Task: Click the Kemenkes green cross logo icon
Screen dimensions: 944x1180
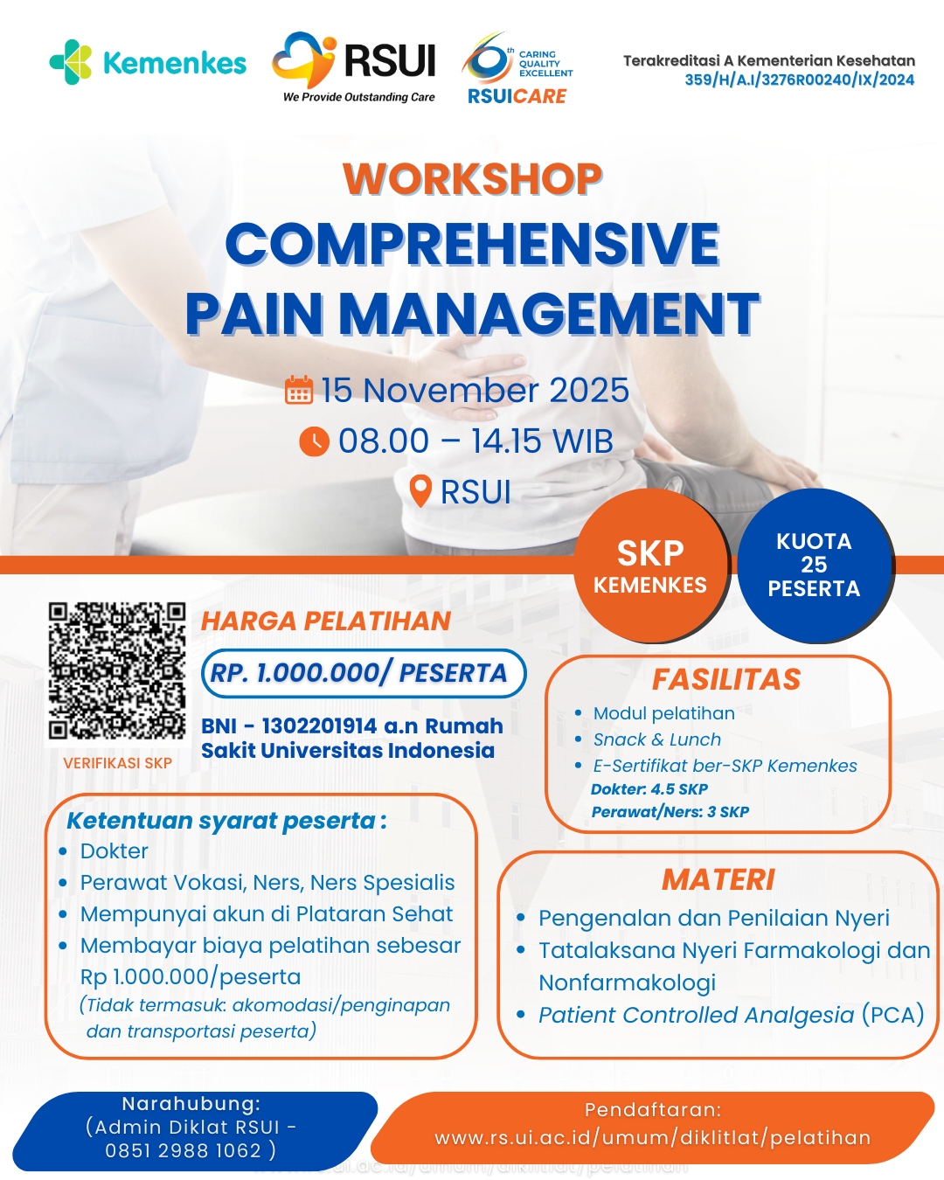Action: click(x=71, y=62)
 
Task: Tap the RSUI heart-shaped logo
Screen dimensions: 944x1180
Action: click(x=304, y=59)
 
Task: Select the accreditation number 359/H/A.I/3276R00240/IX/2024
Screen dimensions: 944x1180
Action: click(x=799, y=80)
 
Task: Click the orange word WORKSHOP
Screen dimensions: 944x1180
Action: click(x=472, y=179)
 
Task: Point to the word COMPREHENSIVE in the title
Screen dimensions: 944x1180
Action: click(x=472, y=244)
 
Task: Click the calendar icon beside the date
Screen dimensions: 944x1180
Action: click(x=299, y=390)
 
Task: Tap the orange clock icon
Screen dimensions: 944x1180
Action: click(x=315, y=441)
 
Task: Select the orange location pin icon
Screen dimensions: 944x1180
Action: click(x=420, y=490)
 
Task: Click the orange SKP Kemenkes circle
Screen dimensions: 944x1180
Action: click(x=651, y=566)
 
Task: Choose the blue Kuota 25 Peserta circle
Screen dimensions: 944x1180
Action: click(x=815, y=566)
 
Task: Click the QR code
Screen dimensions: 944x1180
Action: click(x=117, y=670)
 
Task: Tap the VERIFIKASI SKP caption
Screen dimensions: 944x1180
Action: click(x=117, y=763)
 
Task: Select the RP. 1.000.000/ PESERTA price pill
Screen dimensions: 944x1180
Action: click(x=364, y=673)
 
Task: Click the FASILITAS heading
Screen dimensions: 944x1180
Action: click(x=726, y=679)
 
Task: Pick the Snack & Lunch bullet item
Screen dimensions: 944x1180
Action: click(x=657, y=739)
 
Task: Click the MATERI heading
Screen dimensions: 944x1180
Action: click(x=718, y=880)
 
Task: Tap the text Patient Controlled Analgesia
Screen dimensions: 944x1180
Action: click(x=697, y=1015)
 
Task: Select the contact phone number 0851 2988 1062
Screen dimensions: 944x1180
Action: click(x=184, y=1150)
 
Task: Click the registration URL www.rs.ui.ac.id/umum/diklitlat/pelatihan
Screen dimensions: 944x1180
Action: click(x=653, y=1138)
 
